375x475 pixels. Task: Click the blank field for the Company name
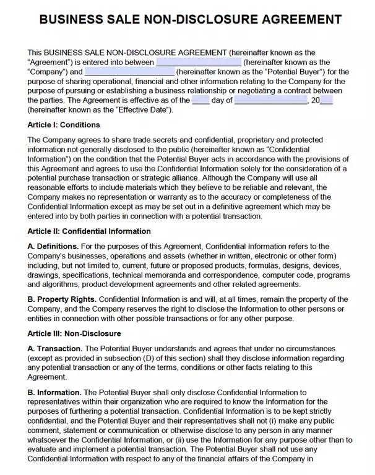(198, 62)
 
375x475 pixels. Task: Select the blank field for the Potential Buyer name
(129, 72)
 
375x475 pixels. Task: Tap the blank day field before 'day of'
(200, 100)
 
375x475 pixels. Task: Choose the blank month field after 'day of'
(271, 100)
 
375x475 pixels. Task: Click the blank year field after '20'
(327, 100)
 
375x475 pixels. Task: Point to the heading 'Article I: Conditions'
(64, 125)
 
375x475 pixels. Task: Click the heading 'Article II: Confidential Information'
(89, 231)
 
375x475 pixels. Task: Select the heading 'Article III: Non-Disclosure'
(74, 333)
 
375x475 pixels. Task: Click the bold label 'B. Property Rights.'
(62, 299)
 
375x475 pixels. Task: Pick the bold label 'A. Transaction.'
(55, 349)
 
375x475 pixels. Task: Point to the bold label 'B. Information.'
(54, 392)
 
